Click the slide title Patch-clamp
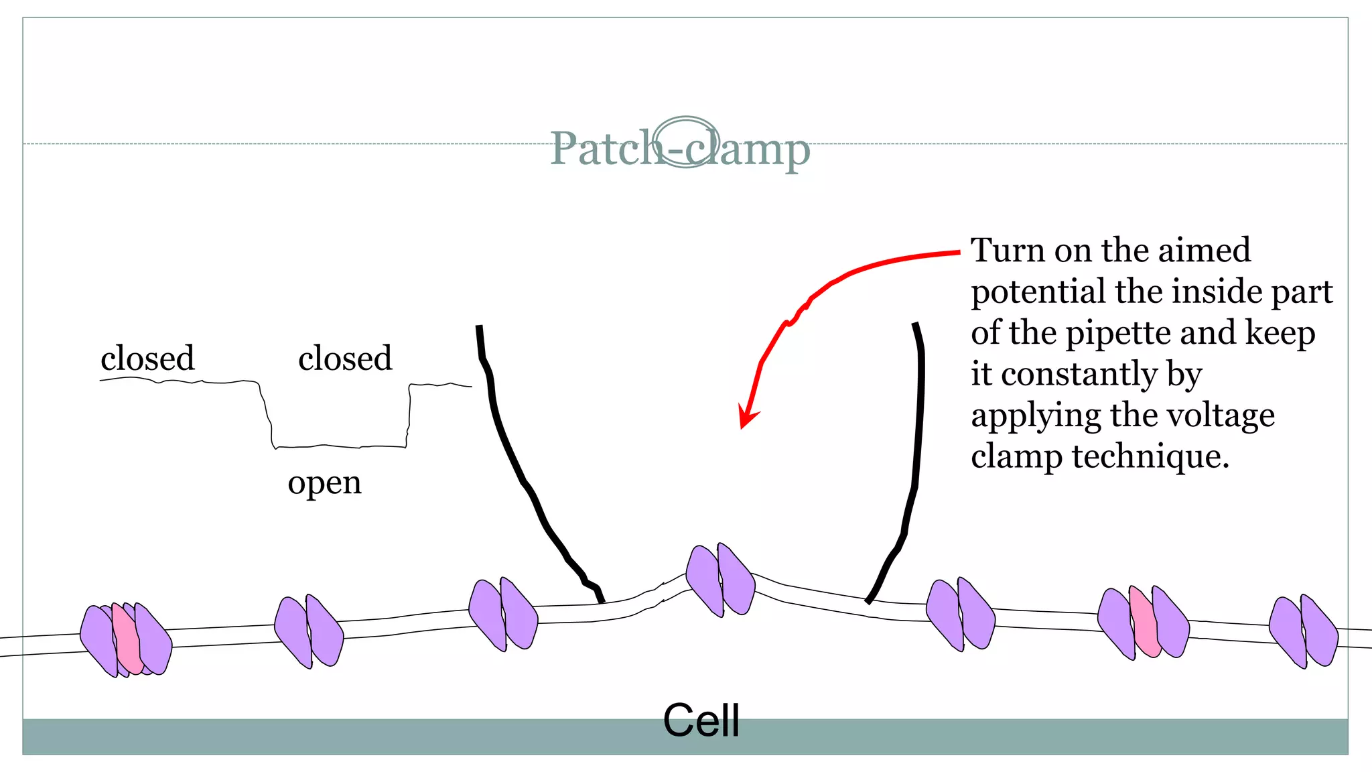click(679, 149)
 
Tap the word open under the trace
click(324, 482)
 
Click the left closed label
click(147, 359)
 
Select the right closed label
click(345, 359)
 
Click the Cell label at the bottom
click(701, 721)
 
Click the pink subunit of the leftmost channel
click(126, 639)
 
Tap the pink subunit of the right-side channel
click(1144, 623)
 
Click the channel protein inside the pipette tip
click(720, 580)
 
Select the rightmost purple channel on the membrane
click(1303, 631)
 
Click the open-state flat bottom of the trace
click(338, 446)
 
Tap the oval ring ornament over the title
click(686, 141)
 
